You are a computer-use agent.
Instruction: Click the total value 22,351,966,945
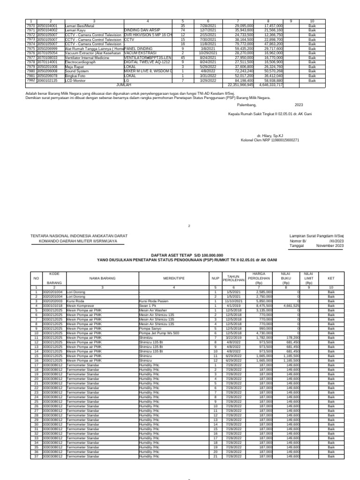click(x=240, y=85)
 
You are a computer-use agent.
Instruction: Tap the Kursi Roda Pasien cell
click(x=152, y=302)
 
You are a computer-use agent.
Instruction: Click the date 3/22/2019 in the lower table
click(x=233, y=337)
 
